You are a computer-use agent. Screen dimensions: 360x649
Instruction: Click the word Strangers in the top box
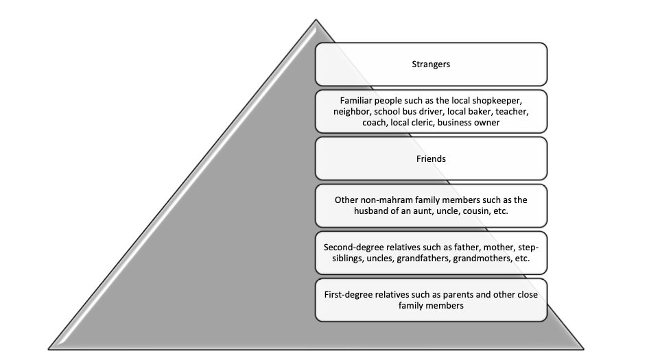tap(431, 64)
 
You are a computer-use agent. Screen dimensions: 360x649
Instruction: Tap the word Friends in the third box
tap(431, 158)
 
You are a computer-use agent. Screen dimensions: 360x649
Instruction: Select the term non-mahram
tap(389, 200)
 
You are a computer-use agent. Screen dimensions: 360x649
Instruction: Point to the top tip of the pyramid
tap(316, 20)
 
